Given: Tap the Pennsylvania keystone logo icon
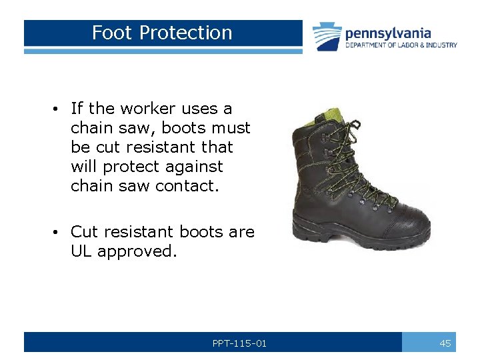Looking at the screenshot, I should click(x=327, y=36).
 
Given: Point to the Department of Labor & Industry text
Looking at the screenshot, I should click(x=401, y=45).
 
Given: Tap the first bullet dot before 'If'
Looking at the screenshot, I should click(x=60, y=109).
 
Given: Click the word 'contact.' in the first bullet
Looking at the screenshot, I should click(x=187, y=185).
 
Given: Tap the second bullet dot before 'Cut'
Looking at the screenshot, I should click(x=60, y=232).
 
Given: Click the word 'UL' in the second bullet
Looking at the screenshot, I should click(x=82, y=251).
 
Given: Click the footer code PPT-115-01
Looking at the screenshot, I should click(x=239, y=343).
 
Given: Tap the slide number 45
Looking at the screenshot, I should click(x=445, y=343).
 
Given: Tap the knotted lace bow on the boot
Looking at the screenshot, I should click(x=354, y=127).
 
